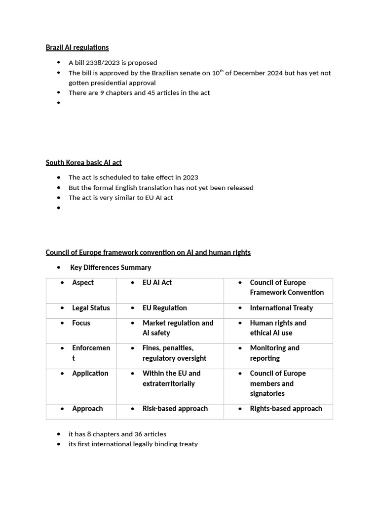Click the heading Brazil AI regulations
tap(77, 47)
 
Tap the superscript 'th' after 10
tap(222, 71)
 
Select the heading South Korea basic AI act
tap(83, 162)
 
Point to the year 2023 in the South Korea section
tap(190, 177)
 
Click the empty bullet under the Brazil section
tap(58, 103)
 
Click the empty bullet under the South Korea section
tap(58, 208)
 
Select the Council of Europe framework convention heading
tap(148, 253)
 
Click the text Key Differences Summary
tap(111, 267)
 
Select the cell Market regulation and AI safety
tap(178, 328)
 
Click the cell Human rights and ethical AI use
tap(278, 328)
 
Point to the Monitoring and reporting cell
tap(274, 353)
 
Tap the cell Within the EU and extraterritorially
tap(171, 378)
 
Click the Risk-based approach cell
tap(175, 409)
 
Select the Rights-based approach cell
tap(286, 409)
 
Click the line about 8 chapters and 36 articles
tap(117, 434)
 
